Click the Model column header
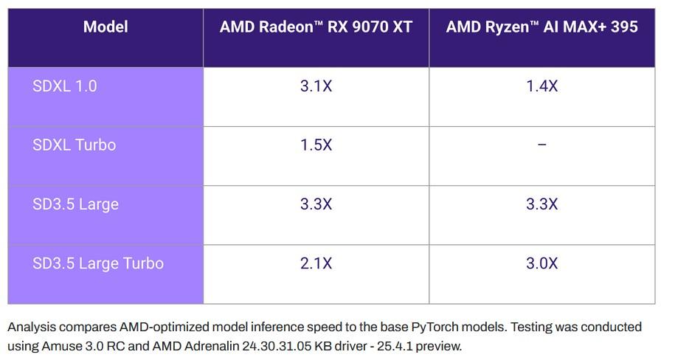(x=105, y=27)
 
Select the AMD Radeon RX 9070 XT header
(x=316, y=27)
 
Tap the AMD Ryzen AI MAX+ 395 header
(x=541, y=27)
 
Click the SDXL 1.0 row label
(x=65, y=86)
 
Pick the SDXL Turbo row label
(x=75, y=145)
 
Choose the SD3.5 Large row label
(x=75, y=204)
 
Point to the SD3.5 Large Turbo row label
(x=98, y=263)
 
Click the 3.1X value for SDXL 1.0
(x=316, y=86)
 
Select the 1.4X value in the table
(x=541, y=86)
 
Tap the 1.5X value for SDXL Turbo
(x=316, y=145)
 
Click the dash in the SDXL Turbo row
(x=541, y=145)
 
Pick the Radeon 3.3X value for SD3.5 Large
(x=316, y=204)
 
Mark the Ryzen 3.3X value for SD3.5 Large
(x=541, y=204)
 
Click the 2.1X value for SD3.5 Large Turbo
(x=316, y=263)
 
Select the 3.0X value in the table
(x=541, y=263)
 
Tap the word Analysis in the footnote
(x=31, y=327)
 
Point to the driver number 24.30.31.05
(x=257, y=345)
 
